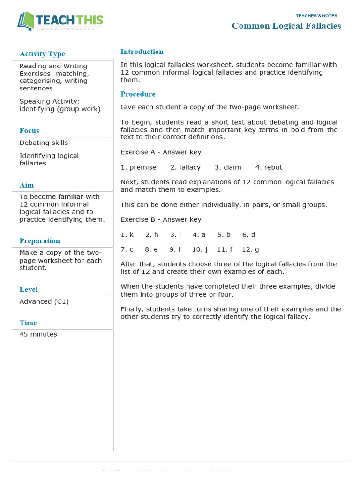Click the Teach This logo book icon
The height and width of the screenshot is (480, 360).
[26, 22]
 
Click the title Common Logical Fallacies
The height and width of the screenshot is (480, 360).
[286, 26]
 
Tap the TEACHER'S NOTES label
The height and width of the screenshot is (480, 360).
[316, 16]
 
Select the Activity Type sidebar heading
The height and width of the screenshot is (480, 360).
[42, 54]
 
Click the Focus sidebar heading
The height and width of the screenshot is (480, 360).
[29, 131]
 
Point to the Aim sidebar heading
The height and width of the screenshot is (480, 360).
[27, 185]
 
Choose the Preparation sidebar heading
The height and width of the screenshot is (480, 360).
[40, 241]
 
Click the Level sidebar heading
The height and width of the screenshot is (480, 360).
[29, 290]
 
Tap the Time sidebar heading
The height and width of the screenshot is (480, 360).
[28, 323]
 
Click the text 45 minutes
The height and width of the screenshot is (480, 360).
[38, 334]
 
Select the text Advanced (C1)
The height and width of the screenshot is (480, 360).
[44, 301]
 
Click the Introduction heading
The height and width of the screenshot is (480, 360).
[142, 52]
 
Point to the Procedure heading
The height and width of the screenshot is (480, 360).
[138, 94]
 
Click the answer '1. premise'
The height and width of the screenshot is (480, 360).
[138, 167]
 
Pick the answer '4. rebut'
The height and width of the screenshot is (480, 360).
[269, 167]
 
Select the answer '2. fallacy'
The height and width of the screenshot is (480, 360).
[185, 167]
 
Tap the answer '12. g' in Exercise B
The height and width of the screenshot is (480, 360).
[250, 249]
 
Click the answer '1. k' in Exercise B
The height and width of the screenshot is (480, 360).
[127, 234]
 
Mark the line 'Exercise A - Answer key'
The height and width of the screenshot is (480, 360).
[161, 152]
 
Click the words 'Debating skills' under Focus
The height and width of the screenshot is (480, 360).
[44, 143]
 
